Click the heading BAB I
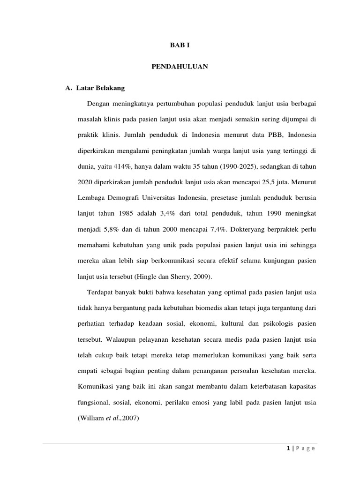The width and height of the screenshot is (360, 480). click(x=180, y=45)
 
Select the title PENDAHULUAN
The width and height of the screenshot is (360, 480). click(x=180, y=67)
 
